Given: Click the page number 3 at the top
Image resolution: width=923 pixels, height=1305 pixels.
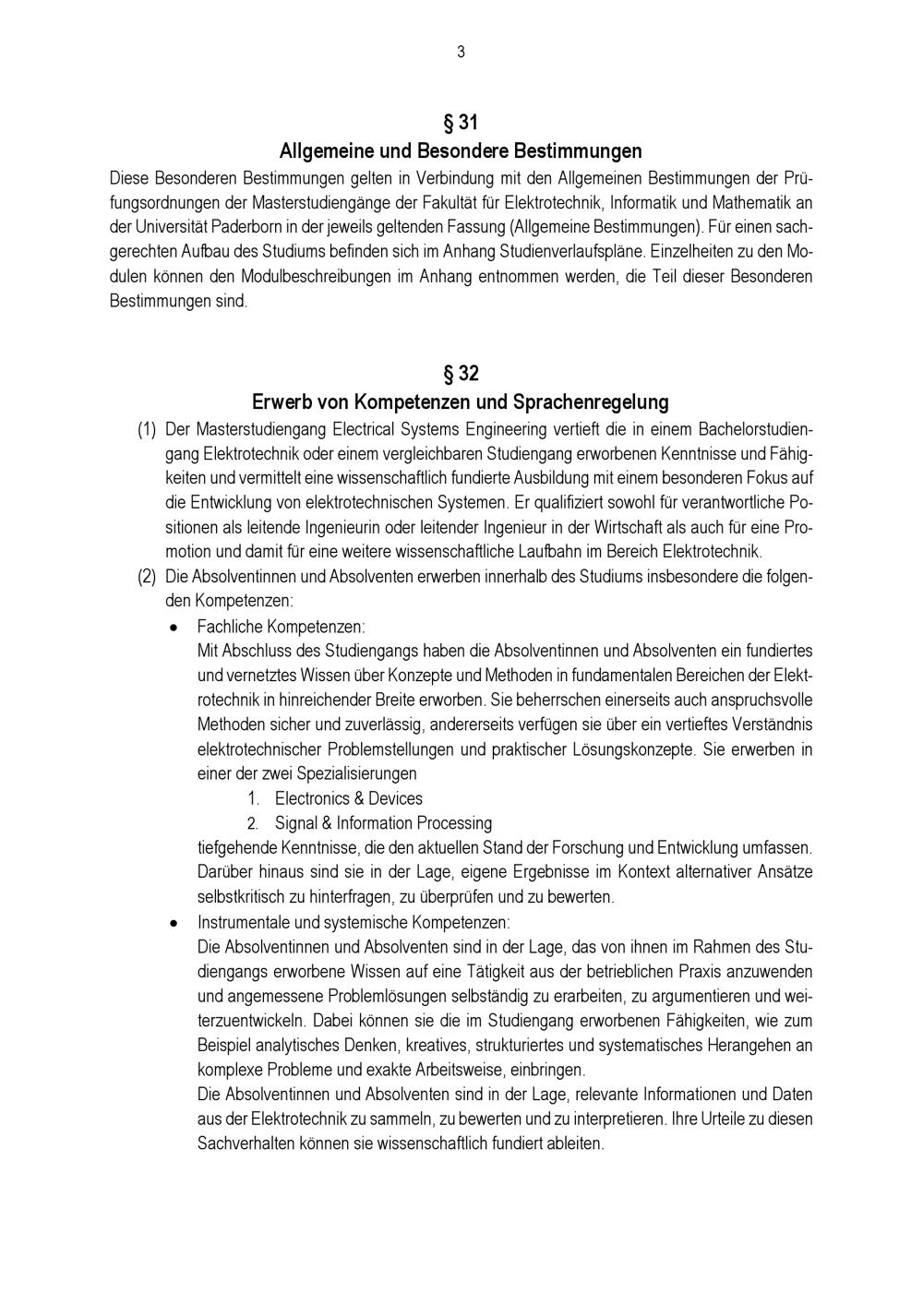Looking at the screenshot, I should click(x=461, y=53).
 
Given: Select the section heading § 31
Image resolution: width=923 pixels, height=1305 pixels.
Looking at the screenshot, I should click(x=461, y=122).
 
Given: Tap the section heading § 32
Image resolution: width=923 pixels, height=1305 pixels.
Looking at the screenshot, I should click(x=461, y=374).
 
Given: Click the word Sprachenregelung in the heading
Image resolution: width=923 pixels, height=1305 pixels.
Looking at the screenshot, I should click(x=591, y=402).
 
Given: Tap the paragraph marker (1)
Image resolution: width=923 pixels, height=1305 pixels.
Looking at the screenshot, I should click(x=147, y=429).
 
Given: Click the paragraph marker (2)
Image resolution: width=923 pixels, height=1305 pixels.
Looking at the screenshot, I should click(x=147, y=577).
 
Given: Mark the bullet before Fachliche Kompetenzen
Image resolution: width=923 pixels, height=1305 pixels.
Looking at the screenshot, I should click(x=173, y=627).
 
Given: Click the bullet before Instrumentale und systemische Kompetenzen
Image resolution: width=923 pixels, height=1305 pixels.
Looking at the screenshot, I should click(x=173, y=922).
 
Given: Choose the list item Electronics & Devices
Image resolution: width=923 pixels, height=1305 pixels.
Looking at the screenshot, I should click(x=349, y=798).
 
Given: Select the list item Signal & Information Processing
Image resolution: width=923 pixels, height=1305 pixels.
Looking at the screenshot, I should click(x=383, y=823).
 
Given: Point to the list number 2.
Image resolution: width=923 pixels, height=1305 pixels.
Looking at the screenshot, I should click(x=252, y=823).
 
